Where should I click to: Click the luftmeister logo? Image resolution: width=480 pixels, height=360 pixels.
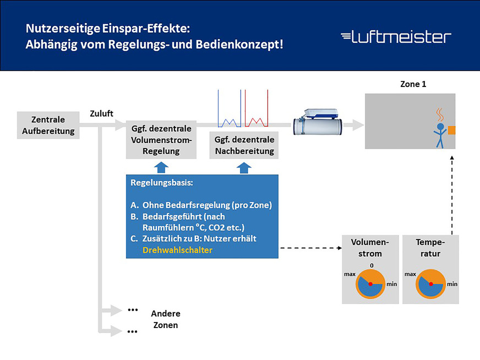click(396, 37)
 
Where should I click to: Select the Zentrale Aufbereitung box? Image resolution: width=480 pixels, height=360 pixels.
click(48, 126)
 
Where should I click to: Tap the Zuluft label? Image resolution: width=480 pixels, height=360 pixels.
click(101, 114)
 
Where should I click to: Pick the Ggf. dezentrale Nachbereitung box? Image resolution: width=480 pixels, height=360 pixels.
click(243, 145)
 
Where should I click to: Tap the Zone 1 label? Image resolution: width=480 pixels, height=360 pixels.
click(412, 85)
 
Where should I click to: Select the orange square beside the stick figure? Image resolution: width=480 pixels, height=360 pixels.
click(451, 130)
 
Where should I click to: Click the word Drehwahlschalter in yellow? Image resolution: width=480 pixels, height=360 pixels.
click(177, 250)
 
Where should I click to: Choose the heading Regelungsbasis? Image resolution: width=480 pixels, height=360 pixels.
click(157, 182)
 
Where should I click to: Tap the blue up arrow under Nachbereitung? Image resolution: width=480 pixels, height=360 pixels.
click(243, 167)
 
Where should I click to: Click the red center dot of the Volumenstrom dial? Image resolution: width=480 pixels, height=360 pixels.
click(370, 283)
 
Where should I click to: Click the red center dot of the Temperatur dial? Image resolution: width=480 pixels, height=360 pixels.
click(430, 283)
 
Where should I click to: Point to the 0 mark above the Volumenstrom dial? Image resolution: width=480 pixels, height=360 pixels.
click(372, 265)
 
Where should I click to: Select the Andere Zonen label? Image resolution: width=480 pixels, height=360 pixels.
click(166, 319)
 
